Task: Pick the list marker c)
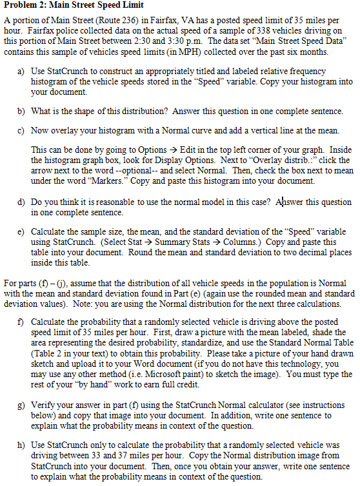click(20, 131)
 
